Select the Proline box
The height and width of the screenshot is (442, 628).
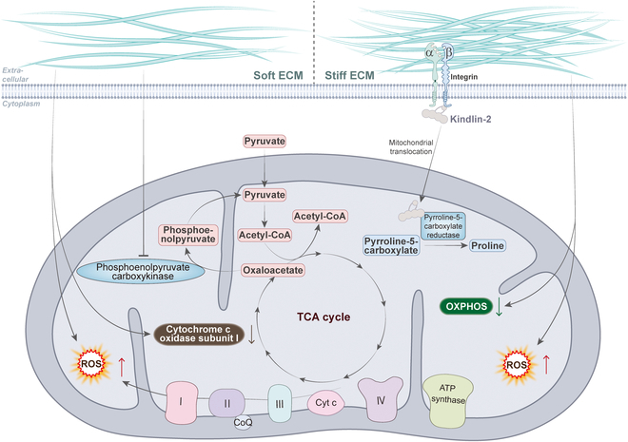tap(484, 246)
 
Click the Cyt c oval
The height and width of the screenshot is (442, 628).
tap(324, 403)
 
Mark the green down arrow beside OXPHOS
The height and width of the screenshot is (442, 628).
tap(500, 306)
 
